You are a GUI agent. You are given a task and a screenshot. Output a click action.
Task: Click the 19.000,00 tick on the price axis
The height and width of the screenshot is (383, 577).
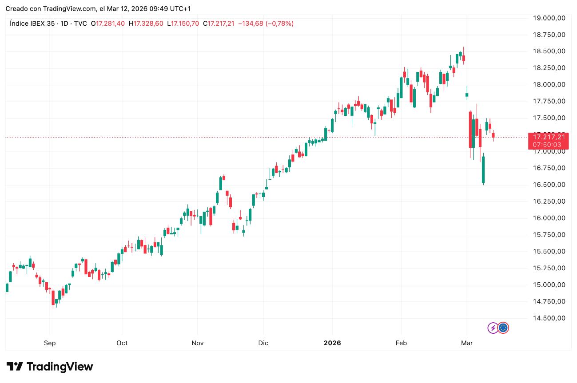point(549,18)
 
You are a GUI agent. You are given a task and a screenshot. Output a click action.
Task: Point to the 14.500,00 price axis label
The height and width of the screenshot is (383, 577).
point(549,318)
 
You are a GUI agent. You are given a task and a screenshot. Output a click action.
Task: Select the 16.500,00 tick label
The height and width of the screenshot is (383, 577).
point(549,185)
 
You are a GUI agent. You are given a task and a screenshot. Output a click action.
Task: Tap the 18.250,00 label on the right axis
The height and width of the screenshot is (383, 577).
point(549,68)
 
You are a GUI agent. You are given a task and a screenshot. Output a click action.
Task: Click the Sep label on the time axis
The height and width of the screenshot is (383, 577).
point(50,343)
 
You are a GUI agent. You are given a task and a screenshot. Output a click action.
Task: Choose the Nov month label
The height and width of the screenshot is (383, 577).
point(198,343)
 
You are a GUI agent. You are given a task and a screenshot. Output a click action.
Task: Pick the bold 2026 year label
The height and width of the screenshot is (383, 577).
point(332,343)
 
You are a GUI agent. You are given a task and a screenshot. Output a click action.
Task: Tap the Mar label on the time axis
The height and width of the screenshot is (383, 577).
point(467,343)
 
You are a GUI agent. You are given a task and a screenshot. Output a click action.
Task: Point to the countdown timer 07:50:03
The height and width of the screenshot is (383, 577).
point(549,145)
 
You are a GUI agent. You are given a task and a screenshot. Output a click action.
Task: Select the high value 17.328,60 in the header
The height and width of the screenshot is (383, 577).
point(149,24)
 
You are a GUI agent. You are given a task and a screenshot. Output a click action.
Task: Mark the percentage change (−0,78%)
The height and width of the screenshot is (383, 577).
point(279,24)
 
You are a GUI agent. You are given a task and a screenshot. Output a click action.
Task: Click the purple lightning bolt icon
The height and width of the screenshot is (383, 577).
point(493,328)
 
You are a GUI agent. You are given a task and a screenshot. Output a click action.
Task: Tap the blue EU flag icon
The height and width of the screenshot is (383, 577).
point(503,328)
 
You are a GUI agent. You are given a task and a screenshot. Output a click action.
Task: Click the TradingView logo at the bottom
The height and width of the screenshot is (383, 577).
point(50,367)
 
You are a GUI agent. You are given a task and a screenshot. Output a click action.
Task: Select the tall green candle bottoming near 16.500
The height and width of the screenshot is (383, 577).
point(483,170)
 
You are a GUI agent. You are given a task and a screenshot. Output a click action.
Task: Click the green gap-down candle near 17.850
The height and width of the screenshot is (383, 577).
point(467,94)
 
